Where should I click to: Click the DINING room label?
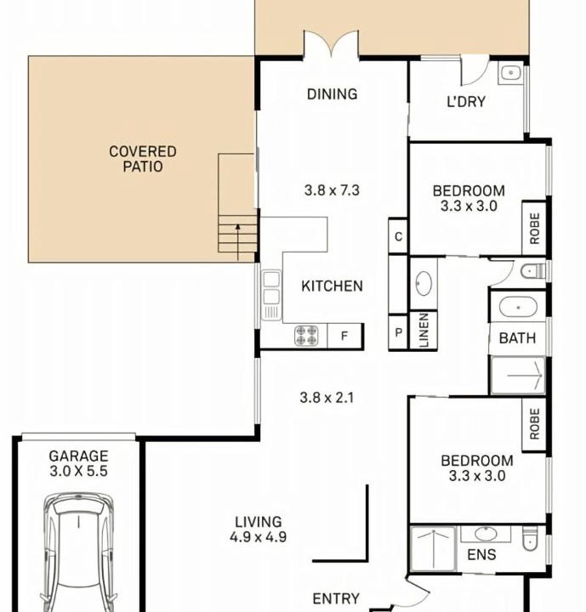click(x=332, y=94)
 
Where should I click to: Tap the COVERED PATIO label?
click(x=143, y=159)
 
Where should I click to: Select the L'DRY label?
click(x=466, y=101)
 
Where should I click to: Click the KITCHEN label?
click(x=332, y=286)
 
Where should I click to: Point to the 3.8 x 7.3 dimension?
click(x=332, y=190)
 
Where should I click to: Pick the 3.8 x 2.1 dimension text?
click(x=327, y=398)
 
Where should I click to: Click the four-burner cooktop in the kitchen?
click(x=306, y=336)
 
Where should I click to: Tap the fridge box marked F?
click(x=345, y=336)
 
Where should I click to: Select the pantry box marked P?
click(x=398, y=332)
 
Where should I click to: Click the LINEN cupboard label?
click(x=424, y=330)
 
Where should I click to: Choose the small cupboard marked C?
click(x=398, y=236)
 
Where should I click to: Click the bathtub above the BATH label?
click(x=519, y=307)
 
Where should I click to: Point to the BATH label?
click(x=517, y=338)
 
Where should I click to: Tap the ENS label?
click(x=481, y=554)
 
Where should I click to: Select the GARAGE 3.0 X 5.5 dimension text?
click(x=78, y=463)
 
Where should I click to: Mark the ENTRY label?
click(x=336, y=598)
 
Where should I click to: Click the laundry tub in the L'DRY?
click(x=510, y=72)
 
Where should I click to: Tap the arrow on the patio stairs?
click(x=238, y=242)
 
